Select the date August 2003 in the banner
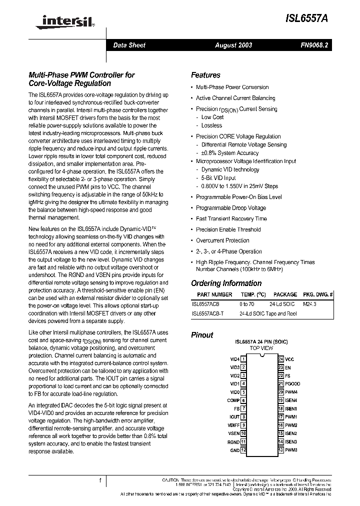tap(233, 45)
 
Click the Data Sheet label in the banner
tap(129, 45)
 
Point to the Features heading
tap(205, 75)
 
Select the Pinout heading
tap(202, 335)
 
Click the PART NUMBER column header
tap(214, 294)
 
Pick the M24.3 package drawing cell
tap(310, 303)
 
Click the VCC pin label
tap(289, 359)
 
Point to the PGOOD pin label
tap(292, 384)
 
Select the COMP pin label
tap(233, 400)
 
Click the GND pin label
tap(235, 450)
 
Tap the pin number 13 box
tap(281, 450)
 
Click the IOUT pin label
tap(234, 417)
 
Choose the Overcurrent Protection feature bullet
tap(222, 240)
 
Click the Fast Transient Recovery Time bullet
tap(231, 218)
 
